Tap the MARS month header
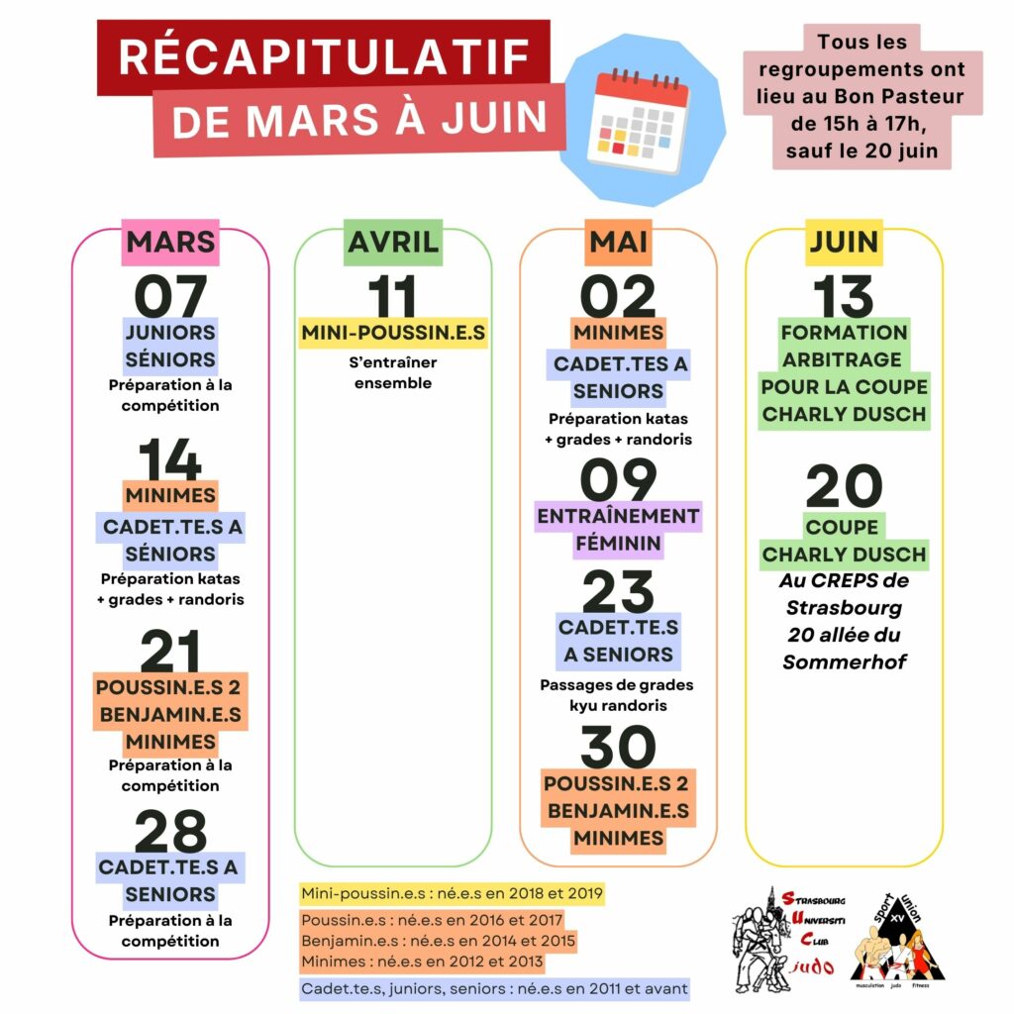click(170, 242)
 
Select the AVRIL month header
click(393, 242)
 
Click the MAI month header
click(619, 242)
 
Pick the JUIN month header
click(844, 242)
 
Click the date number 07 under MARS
click(170, 295)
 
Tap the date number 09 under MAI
click(618, 481)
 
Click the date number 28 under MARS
click(170, 833)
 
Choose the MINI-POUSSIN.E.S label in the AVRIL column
click(393, 333)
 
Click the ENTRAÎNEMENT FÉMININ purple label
click(618, 530)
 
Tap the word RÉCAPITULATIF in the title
click(324, 57)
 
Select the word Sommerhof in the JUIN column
click(844, 662)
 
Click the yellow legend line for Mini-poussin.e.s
click(452, 892)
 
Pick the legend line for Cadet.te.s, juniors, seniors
click(494, 987)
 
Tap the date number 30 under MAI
click(618, 748)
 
